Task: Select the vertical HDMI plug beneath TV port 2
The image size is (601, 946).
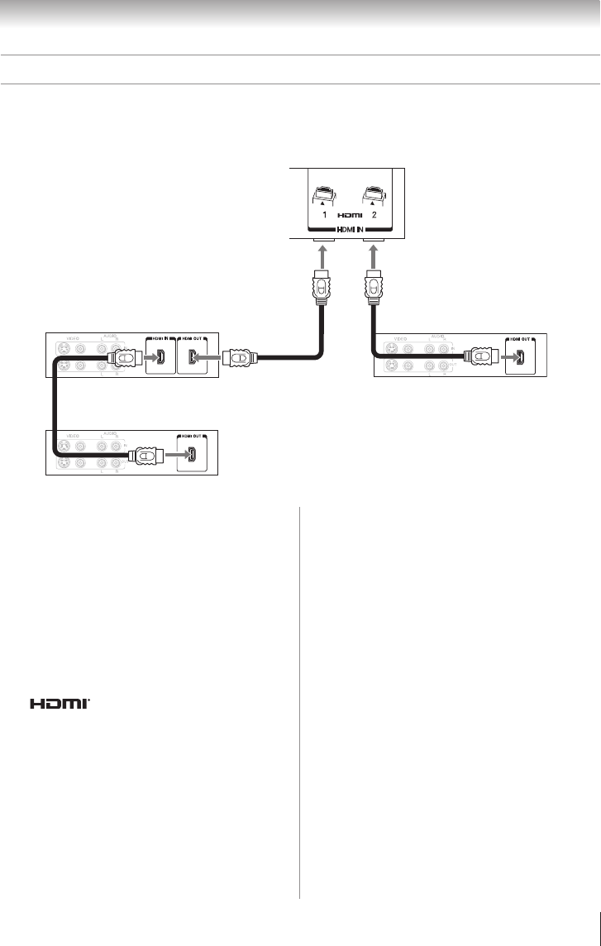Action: [x=373, y=287]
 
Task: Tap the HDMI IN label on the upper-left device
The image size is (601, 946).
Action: [x=160, y=339]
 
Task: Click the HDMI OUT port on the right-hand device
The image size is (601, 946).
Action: [x=522, y=359]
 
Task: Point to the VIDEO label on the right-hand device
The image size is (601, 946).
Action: [x=403, y=339]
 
